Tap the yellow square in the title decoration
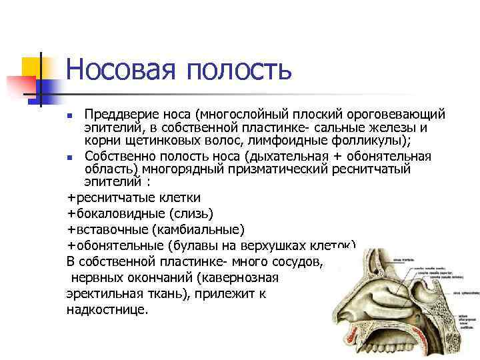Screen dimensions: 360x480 tap(33, 67)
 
